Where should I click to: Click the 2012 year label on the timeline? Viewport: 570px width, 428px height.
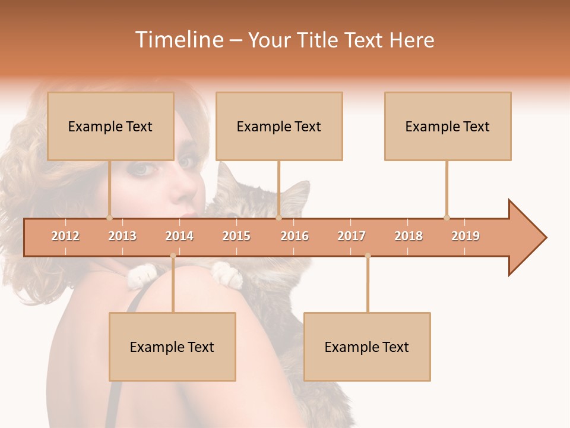[65, 236]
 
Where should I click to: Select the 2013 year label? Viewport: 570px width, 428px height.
[122, 236]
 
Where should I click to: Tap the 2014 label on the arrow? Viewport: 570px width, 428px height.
[179, 236]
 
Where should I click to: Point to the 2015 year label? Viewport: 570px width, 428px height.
[236, 236]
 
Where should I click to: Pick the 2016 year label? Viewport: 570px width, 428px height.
[294, 236]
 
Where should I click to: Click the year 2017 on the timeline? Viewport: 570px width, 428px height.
[351, 236]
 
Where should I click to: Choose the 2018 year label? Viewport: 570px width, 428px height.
[408, 236]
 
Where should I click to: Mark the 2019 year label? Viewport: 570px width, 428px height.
[465, 236]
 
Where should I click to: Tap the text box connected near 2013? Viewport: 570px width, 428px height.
[110, 126]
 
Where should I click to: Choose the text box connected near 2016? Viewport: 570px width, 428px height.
[279, 126]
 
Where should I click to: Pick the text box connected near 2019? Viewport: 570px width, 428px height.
[448, 126]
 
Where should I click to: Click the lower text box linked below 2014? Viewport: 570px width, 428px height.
[172, 347]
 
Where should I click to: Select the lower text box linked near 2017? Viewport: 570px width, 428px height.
[367, 347]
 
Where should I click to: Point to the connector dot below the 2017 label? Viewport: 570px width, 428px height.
[368, 256]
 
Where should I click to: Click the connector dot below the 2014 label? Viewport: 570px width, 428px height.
[173, 256]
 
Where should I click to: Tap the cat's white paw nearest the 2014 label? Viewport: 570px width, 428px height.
[142, 275]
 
